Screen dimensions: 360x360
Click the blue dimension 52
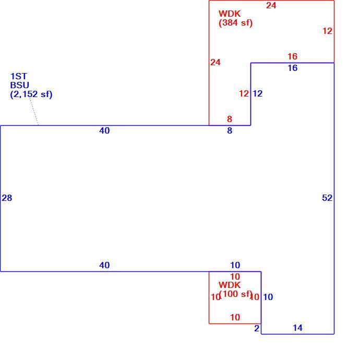(x=327, y=198)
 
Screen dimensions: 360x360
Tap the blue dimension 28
(x=7, y=198)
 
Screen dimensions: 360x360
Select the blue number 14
(x=298, y=328)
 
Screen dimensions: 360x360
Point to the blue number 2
(x=257, y=328)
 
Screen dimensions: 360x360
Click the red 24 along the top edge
(x=271, y=6)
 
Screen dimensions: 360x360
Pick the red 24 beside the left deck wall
(x=215, y=62)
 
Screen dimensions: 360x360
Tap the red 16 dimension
(x=293, y=56)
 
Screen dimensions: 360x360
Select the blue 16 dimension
(x=293, y=68)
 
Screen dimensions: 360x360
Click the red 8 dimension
(x=230, y=119)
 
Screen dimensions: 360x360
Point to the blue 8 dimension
(x=230, y=130)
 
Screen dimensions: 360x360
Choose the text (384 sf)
(x=235, y=23)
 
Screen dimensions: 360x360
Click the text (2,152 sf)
(x=31, y=94)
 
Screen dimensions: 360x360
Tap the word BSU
(x=19, y=85)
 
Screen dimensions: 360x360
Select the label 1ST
(x=19, y=76)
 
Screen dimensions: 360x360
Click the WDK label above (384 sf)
(x=230, y=14)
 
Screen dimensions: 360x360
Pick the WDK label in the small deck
(x=230, y=285)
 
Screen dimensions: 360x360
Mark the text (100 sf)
(x=235, y=294)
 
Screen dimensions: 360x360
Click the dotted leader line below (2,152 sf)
(x=34, y=112)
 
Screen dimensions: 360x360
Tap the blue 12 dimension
(x=258, y=93)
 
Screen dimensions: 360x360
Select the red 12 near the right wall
(x=328, y=31)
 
